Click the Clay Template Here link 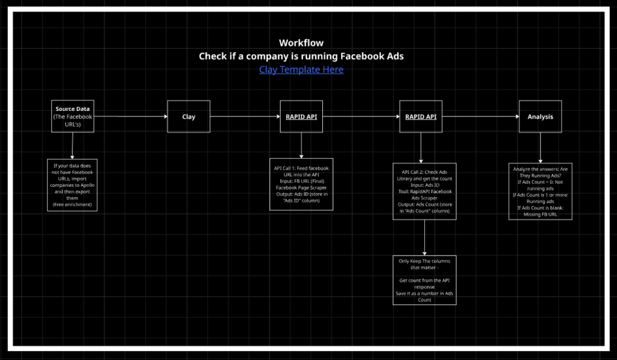[301, 69]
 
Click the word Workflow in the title [301, 43]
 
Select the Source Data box [73, 116]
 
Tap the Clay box [189, 116]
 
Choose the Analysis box [540, 116]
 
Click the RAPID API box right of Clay [301, 116]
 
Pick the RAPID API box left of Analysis [421, 116]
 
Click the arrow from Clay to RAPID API [245, 116]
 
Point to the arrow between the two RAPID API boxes [361, 116]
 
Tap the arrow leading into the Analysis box [480, 116]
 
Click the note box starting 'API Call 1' [301, 184]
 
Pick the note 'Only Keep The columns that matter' [425, 280]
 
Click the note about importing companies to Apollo [72, 185]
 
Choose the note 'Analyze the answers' [540, 191]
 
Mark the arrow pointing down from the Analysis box [540, 147]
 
